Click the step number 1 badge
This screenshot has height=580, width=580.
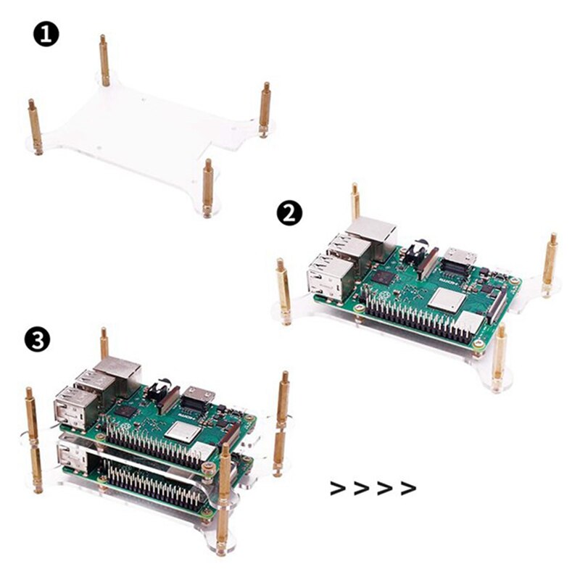[46, 34]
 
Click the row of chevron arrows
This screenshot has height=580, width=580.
[373, 487]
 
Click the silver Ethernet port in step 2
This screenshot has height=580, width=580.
[371, 233]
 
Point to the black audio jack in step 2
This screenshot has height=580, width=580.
[415, 253]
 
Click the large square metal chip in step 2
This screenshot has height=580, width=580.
[444, 299]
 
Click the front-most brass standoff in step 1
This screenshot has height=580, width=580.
[208, 186]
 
